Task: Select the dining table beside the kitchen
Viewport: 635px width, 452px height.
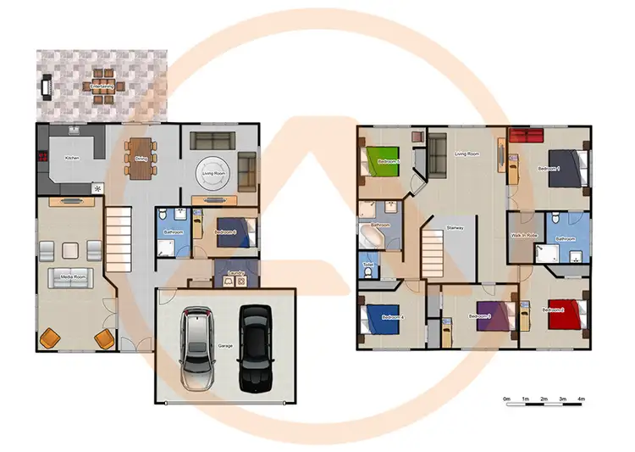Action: [x=140, y=158]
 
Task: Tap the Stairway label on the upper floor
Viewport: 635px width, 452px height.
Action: [x=455, y=228]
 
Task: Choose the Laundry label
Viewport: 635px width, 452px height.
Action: [x=236, y=272]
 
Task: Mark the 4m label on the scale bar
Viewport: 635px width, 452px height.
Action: [x=581, y=399]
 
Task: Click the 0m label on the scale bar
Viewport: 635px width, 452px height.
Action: [x=506, y=399]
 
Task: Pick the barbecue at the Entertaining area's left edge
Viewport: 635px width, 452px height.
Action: [x=45, y=85]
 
